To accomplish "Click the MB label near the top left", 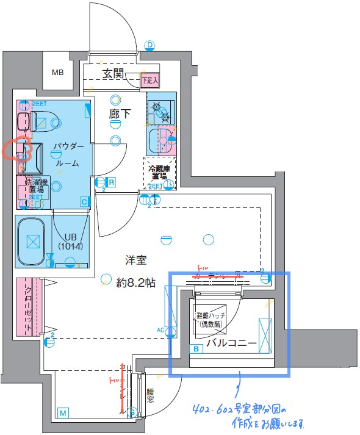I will tap(57, 73).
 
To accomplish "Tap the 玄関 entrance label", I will tap(113, 74).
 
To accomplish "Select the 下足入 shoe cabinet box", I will tap(149, 79).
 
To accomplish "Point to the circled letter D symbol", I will tap(149, 45).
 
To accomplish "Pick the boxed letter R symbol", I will tap(112, 181).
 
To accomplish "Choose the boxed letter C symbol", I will tap(84, 201).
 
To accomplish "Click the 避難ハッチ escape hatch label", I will tap(211, 319).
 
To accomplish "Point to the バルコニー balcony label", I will tap(231, 343).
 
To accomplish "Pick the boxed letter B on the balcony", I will tap(196, 349).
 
